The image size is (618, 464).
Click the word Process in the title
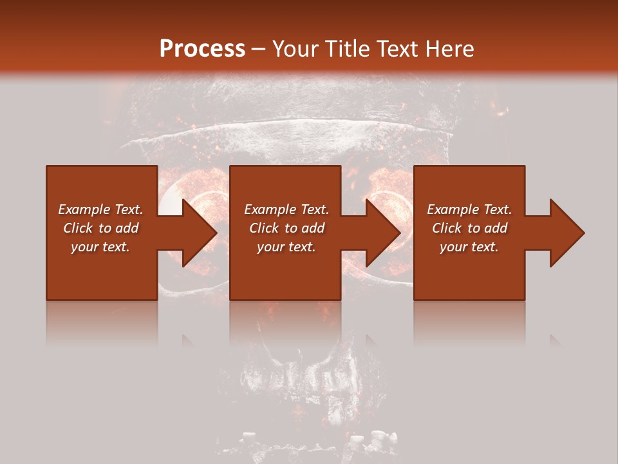click(202, 49)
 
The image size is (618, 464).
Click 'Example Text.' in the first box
click(100, 209)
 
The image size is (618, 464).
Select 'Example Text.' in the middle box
click(286, 209)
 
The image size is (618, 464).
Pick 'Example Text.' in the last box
click(469, 209)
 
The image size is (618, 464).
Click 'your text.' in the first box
click(100, 247)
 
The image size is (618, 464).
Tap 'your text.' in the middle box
click(286, 247)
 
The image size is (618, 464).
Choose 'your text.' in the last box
click(469, 247)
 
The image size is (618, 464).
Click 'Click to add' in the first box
click(100, 228)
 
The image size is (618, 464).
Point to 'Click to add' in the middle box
click(286, 228)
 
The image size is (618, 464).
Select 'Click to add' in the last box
click(469, 228)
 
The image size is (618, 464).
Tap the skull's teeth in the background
click(303, 387)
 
